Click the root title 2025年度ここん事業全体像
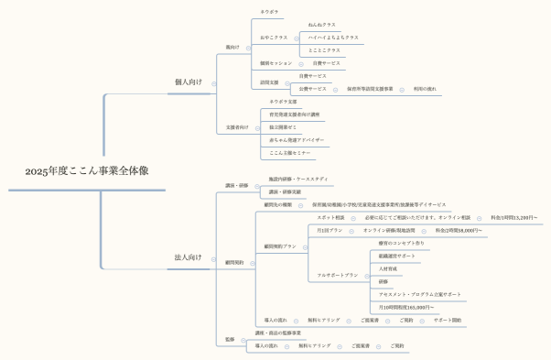coord(87,170)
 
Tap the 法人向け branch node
coord(188,257)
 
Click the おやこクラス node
coord(274,38)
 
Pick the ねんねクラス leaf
coord(321,25)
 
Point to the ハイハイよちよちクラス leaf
coord(333,38)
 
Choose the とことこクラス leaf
coord(324,50)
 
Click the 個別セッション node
coord(275,63)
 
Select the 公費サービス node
coord(312,89)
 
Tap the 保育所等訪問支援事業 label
coord(370,89)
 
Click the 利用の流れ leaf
coord(425,89)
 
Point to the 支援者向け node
coord(236,127)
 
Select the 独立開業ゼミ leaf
coord(285,127)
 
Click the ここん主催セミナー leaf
coord(290,153)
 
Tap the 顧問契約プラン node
coord(280,246)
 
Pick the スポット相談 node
coord(330,217)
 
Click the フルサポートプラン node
coord(337,275)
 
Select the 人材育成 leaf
coord(387,268)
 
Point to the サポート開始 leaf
coord(448,321)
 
